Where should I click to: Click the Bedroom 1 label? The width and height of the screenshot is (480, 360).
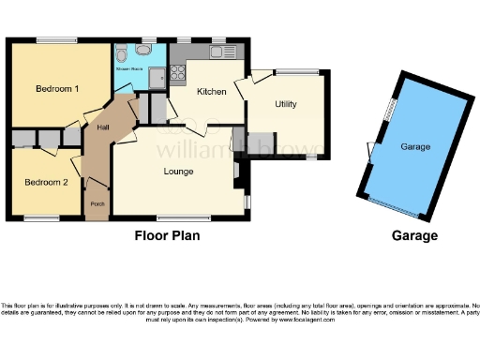coord(57,89)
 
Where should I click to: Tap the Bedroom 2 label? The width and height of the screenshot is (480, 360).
coord(46,182)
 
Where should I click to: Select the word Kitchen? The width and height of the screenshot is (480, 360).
coord(211,92)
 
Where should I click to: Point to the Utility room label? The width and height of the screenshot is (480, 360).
coord(286,105)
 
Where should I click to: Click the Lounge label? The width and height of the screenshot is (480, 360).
coord(178,172)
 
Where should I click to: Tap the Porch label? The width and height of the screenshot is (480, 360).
coord(97,203)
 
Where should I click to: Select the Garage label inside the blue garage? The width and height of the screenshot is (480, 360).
coord(415,147)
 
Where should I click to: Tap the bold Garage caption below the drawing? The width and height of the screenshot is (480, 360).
coord(414,236)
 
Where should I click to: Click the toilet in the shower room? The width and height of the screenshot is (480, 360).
coord(122,52)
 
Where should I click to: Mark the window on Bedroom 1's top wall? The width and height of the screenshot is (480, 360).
coord(51,40)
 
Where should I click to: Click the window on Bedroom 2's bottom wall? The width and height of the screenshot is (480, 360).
coord(39,219)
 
